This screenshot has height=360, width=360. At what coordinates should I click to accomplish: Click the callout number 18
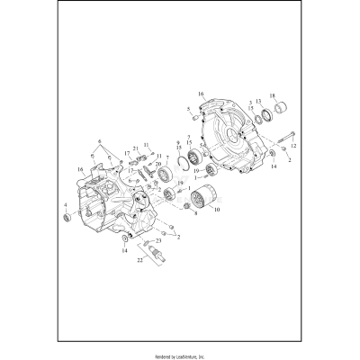[x=274, y=95]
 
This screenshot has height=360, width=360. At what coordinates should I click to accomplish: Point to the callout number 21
[x=135, y=148]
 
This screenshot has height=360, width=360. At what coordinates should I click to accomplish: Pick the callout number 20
[x=158, y=164]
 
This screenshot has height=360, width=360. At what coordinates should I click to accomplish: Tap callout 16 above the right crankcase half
[x=201, y=93]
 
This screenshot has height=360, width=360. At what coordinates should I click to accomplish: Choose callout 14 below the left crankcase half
[x=126, y=250]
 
